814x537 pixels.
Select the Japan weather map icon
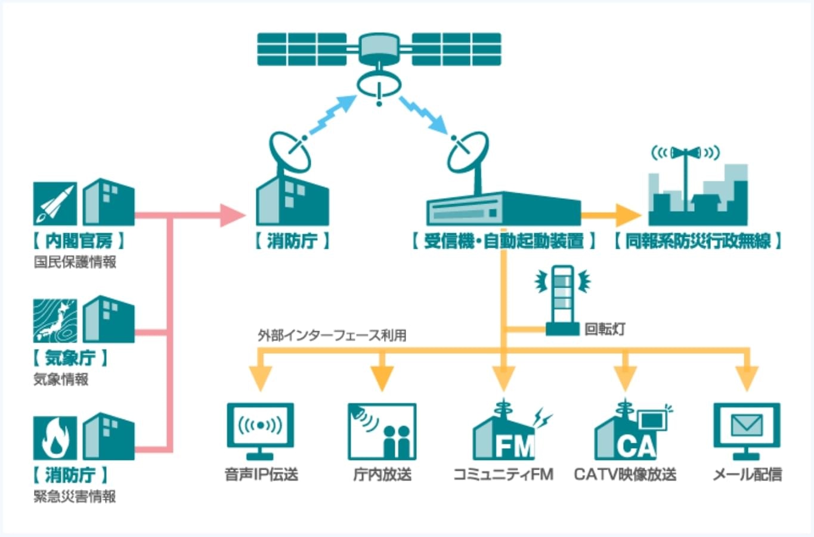pos(55,320)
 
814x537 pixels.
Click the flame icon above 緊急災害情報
pos(55,438)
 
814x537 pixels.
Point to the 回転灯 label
pos(604,329)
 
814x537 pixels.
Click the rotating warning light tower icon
pos(563,298)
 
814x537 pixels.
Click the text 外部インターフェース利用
pos(332,335)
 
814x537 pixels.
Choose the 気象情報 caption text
pos(61,379)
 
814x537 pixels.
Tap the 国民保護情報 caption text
pos(75,262)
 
